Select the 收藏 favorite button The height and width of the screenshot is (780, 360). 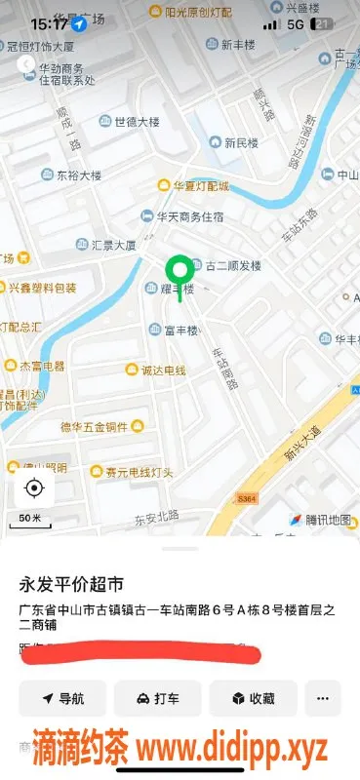(x=252, y=698)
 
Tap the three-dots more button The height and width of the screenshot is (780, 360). (x=323, y=698)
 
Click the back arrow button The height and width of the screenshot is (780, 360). (x=26, y=64)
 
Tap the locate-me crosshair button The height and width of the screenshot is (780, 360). (x=34, y=487)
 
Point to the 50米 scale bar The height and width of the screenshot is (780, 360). (x=30, y=520)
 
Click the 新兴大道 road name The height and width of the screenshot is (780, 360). (x=303, y=439)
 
